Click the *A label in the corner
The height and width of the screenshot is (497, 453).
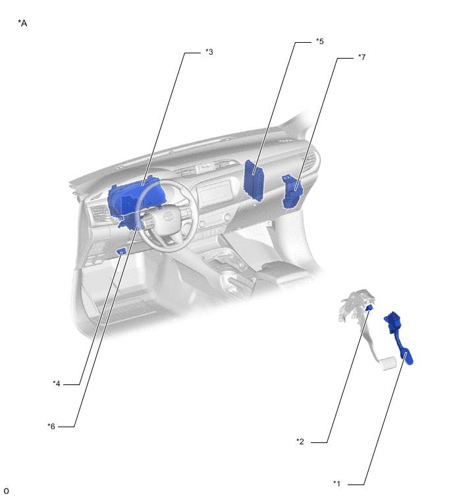(x=22, y=23)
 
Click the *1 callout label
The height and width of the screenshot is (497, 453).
(x=336, y=484)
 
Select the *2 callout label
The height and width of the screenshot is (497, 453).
(x=300, y=442)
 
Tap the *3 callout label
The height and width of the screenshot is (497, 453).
(x=209, y=51)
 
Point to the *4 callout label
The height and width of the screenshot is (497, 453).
(x=57, y=384)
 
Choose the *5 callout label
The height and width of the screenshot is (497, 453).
(x=320, y=41)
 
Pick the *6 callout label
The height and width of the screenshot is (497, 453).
(x=51, y=427)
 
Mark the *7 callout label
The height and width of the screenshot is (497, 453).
(x=361, y=57)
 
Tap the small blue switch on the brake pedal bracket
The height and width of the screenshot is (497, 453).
(x=369, y=307)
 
